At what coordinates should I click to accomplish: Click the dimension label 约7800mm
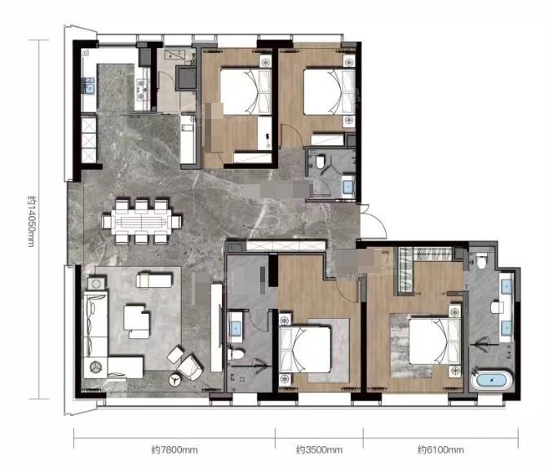point(175,450)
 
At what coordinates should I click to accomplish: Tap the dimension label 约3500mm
point(319,450)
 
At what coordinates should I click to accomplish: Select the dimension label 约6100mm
point(440,450)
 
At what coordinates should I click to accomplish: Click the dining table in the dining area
point(141,222)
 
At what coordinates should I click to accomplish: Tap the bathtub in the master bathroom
point(491,380)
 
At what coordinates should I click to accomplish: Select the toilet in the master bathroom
point(481,260)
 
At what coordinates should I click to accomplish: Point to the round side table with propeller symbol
point(175,380)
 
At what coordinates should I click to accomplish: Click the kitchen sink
point(89,86)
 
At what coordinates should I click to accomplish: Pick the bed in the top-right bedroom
point(329,92)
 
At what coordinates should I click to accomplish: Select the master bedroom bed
point(435,342)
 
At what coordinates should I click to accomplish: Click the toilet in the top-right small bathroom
point(321,162)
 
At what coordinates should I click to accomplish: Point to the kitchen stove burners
point(142,89)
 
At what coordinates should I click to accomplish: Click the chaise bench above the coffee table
point(154,280)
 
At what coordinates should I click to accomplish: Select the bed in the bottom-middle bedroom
point(305,349)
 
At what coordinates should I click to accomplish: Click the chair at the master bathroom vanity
point(497,307)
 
